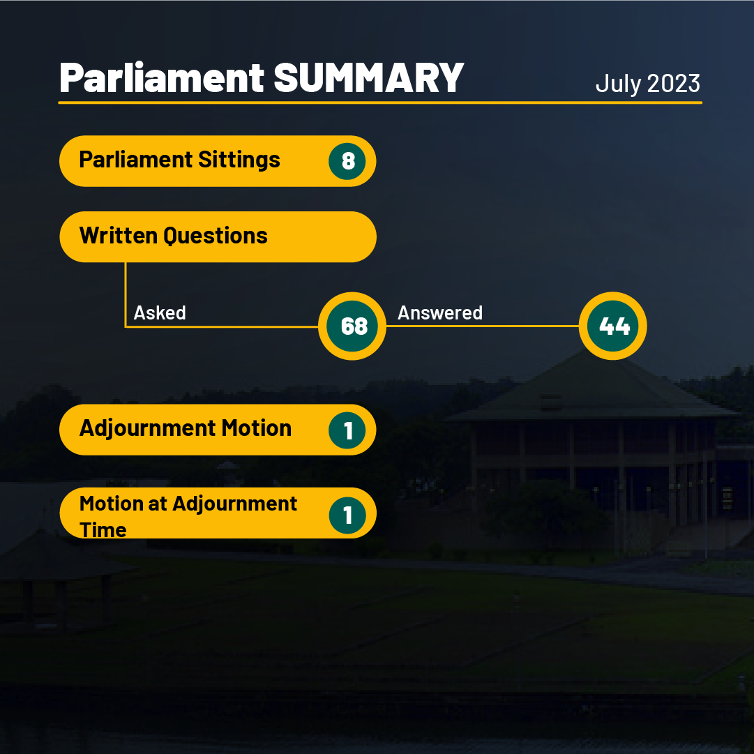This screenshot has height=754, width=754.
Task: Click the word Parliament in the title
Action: (162, 77)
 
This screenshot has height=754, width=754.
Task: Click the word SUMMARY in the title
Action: (369, 78)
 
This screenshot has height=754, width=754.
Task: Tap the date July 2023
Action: (648, 84)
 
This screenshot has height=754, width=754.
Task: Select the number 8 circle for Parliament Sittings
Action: (347, 161)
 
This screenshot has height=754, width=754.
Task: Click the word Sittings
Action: (239, 160)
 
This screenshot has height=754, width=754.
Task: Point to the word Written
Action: (119, 236)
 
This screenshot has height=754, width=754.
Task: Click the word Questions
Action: (216, 236)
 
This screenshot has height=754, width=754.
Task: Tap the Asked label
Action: (160, 313)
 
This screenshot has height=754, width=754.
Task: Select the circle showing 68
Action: (352, 326)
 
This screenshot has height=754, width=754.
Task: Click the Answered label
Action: (440, 313)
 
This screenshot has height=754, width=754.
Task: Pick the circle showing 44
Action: (612, 326)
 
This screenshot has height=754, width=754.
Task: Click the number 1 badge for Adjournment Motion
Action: (347, 430)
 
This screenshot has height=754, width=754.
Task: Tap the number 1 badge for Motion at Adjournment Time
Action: (347, 515)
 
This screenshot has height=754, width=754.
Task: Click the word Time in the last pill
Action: (103, 530)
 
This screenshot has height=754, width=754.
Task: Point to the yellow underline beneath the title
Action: (380, 103)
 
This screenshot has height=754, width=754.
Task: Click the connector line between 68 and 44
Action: (482, 326)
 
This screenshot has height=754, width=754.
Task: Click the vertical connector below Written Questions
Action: (126, 294)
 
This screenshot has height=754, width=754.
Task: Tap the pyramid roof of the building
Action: (591, 385)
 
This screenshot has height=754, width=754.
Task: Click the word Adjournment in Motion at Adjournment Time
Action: (234, 504)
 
